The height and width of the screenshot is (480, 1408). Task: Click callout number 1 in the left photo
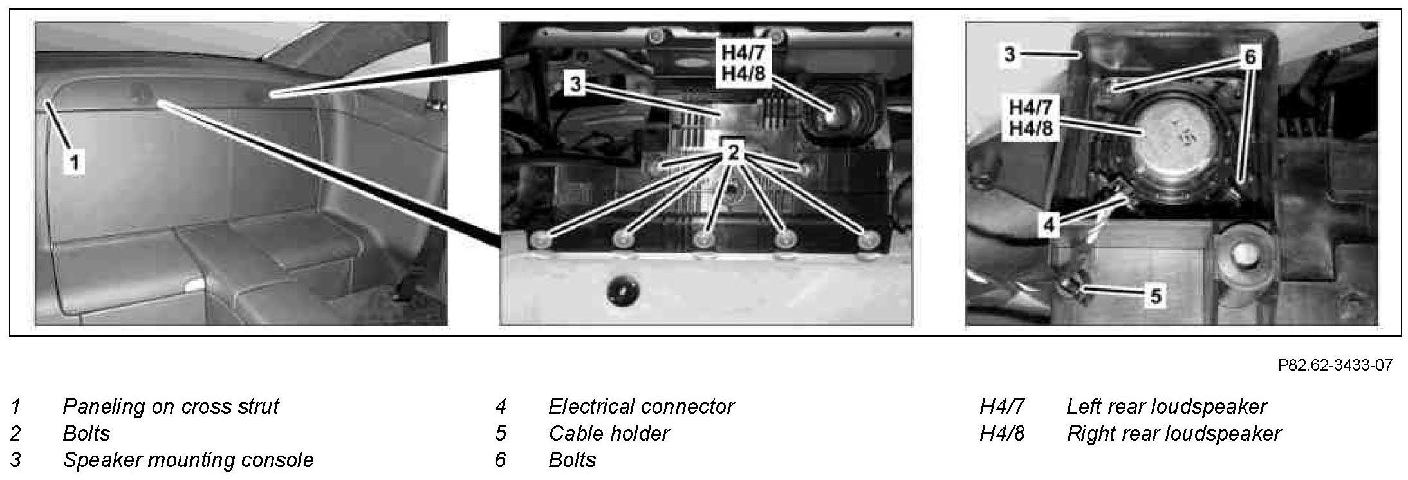click(x=75, y=162)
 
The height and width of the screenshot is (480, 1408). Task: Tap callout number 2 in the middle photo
click(x=734, y=152)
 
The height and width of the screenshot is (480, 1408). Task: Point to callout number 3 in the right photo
click(x=1010, y=55)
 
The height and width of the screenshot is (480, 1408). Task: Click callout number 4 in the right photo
click(x=1050, y=225)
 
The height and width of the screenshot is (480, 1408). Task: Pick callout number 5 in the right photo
click(x=1156, y=297)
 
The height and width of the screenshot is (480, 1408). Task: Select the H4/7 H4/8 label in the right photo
click(x=1030, y=117)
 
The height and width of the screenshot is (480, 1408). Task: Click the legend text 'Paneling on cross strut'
click(x=171, y=407)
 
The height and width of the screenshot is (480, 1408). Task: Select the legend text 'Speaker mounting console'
click(x=188, y=460)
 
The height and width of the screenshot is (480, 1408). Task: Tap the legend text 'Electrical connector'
click(x=641, y=407)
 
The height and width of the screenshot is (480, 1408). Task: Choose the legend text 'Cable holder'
click(x=609, y=434)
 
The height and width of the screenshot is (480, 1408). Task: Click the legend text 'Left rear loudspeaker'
click(x=1166, y=407)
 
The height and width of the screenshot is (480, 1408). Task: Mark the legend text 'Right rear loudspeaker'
click(x=1174, y=434)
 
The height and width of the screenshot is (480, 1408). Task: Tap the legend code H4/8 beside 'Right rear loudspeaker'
click(x=1001, y=434)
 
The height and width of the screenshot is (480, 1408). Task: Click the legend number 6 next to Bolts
click(x=501, y=460)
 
